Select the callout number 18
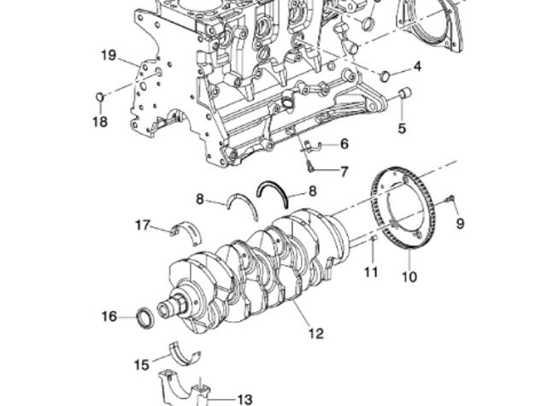[x=100, y=121]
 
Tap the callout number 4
[x=417, y=66]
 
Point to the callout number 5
[x=401, y=129]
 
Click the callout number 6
[x=344, y=144]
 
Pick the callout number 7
[x=344, y=172]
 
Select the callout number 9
[x=459, y=224]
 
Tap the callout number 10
[x=409, y=276]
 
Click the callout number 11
[x=370, y=273]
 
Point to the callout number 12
[x=316, y=333]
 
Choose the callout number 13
[x=244, y=398]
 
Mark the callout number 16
[x=109, y=317]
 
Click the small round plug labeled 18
[x=99, y=95]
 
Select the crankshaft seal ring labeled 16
[x=146, y=319]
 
